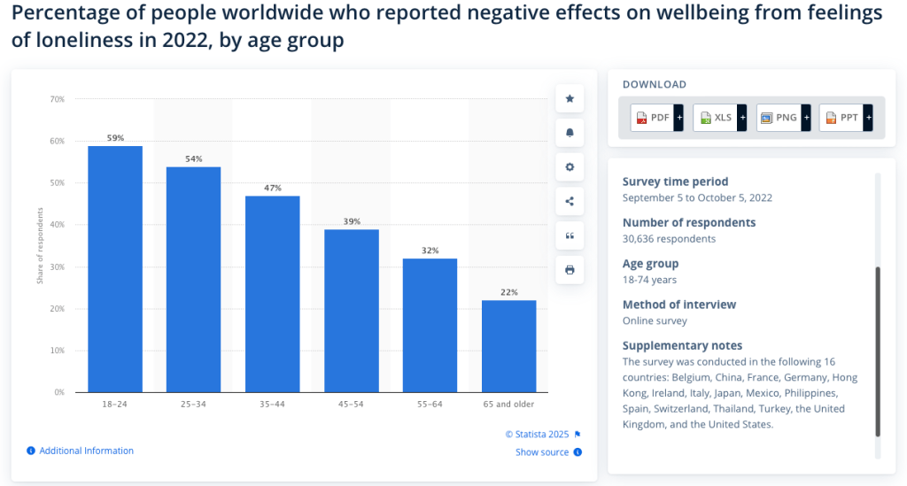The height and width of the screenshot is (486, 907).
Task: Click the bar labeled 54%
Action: (194, 279)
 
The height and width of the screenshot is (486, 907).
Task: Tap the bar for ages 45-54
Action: (352, 310)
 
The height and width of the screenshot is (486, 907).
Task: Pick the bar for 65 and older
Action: (509, 345)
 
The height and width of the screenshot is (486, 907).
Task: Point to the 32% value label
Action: (430, 251)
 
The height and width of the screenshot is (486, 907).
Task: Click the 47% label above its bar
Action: (273, 189)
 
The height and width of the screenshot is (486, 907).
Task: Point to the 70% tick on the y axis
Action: (57, 99)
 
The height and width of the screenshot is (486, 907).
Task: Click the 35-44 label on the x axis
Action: (273, 405)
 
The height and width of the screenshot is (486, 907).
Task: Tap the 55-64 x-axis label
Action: (430, 405)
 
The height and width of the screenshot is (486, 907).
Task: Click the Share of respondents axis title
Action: (40, 246)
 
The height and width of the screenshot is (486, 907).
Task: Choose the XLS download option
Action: (719, 118)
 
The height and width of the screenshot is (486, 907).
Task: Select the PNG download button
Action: (783, 118)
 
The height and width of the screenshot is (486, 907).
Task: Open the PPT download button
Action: (846, 118)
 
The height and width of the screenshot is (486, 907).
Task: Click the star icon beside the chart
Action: (570, 99)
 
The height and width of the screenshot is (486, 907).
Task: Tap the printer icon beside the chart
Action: (570, 270)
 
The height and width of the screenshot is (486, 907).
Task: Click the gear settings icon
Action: (570, 167)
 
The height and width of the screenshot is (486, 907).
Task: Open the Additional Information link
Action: (86, 451)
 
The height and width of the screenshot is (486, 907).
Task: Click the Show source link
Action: (542, 452)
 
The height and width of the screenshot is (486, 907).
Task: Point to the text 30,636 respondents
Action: (669, 239)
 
